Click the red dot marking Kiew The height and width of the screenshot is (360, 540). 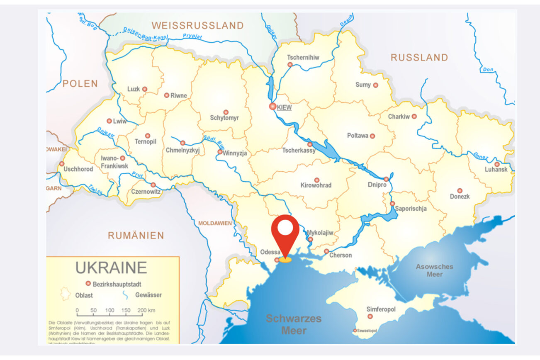pyautogui.click(x=272, y=107)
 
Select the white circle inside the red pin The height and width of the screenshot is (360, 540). pyautogui.click(x=285, y=227)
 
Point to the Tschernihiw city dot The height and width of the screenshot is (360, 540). pyautogui.click(x=290, y=65)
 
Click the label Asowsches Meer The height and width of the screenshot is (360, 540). pyautogui.click(x=434, y=270)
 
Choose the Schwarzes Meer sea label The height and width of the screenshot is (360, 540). pyautogui.click(x=294, y=324)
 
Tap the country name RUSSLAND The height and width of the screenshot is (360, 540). pyautogui.click(x=419, y=58)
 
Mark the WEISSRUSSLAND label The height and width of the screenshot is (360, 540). pyautogui.click(x=197, y=25)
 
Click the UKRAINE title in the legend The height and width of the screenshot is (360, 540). pyautogui.click(x=111, y=268)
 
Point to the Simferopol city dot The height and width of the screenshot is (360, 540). pyautogui.click(x=370, y=316)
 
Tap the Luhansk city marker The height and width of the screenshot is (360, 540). pyautogui.click(x=496, y=164)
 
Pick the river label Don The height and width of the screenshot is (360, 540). pyautogui.click(x=488, y=69)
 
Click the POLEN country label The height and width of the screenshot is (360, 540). pyautogui.click(x=80, y=83)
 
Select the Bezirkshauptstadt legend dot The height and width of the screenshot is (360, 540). pyautogui.click(x=88, y=284)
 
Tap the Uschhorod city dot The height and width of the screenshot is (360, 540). pyautogui.click(x=62, y=164)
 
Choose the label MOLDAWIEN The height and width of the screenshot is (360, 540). pyautogui.click(x=215, y=223)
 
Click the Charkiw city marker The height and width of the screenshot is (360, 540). pyautogui.click(x=414, y=117)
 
